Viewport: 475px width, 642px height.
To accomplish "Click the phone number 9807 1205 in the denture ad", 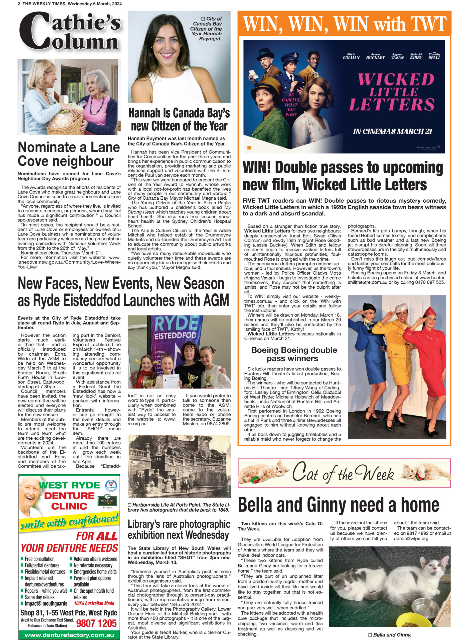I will point(96,623).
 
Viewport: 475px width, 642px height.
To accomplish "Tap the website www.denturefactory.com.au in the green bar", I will point(69,635).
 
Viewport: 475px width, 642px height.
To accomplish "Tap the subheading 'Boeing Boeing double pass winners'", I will point(294,354).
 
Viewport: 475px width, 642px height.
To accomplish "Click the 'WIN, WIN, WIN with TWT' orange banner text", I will point(345,24).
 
